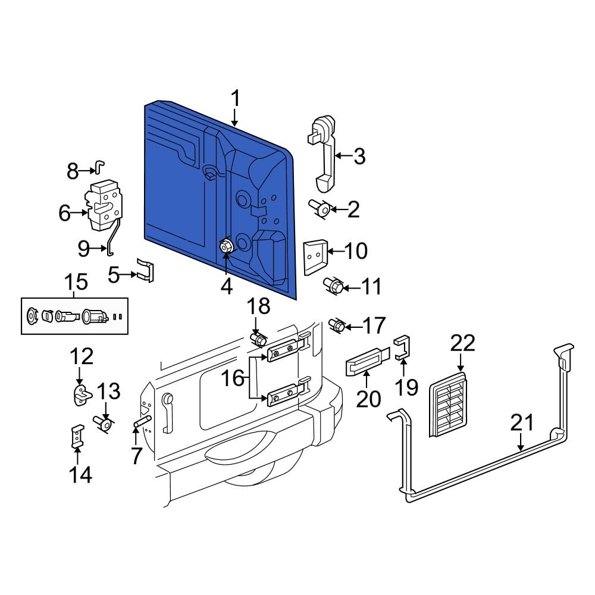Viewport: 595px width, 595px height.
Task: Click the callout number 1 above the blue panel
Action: (236, 98)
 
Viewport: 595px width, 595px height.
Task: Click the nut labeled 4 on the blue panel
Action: (227, 246)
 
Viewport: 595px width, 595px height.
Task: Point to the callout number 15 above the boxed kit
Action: (74, 282)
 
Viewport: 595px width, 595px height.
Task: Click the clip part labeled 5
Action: (145, 270)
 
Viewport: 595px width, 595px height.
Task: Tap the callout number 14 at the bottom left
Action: (81, 474)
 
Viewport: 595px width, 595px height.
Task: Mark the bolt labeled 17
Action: (337, 325)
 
